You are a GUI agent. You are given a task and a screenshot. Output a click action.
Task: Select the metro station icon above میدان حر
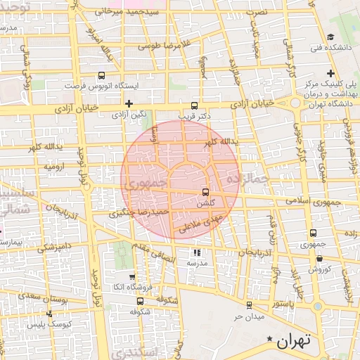click(249, 304)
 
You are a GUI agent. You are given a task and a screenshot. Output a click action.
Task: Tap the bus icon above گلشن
click(205, 191)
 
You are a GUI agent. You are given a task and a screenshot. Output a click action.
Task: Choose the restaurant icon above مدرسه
click(196, 252)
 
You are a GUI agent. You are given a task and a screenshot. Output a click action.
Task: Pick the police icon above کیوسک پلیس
click(49, 314)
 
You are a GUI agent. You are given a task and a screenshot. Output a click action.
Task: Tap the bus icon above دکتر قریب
click(196, 101)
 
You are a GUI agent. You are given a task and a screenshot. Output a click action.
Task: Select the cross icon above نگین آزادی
click(128, 103)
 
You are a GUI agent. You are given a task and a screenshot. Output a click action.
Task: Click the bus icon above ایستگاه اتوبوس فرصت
click(102, 76)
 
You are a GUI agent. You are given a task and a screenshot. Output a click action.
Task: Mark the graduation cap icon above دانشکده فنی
click(330, 38)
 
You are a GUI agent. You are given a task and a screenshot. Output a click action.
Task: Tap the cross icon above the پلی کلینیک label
click(330, 73)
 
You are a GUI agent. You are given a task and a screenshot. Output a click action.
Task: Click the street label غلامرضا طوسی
click(164, 45)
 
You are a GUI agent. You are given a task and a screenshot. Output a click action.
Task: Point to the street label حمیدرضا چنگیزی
click(141, 212)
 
